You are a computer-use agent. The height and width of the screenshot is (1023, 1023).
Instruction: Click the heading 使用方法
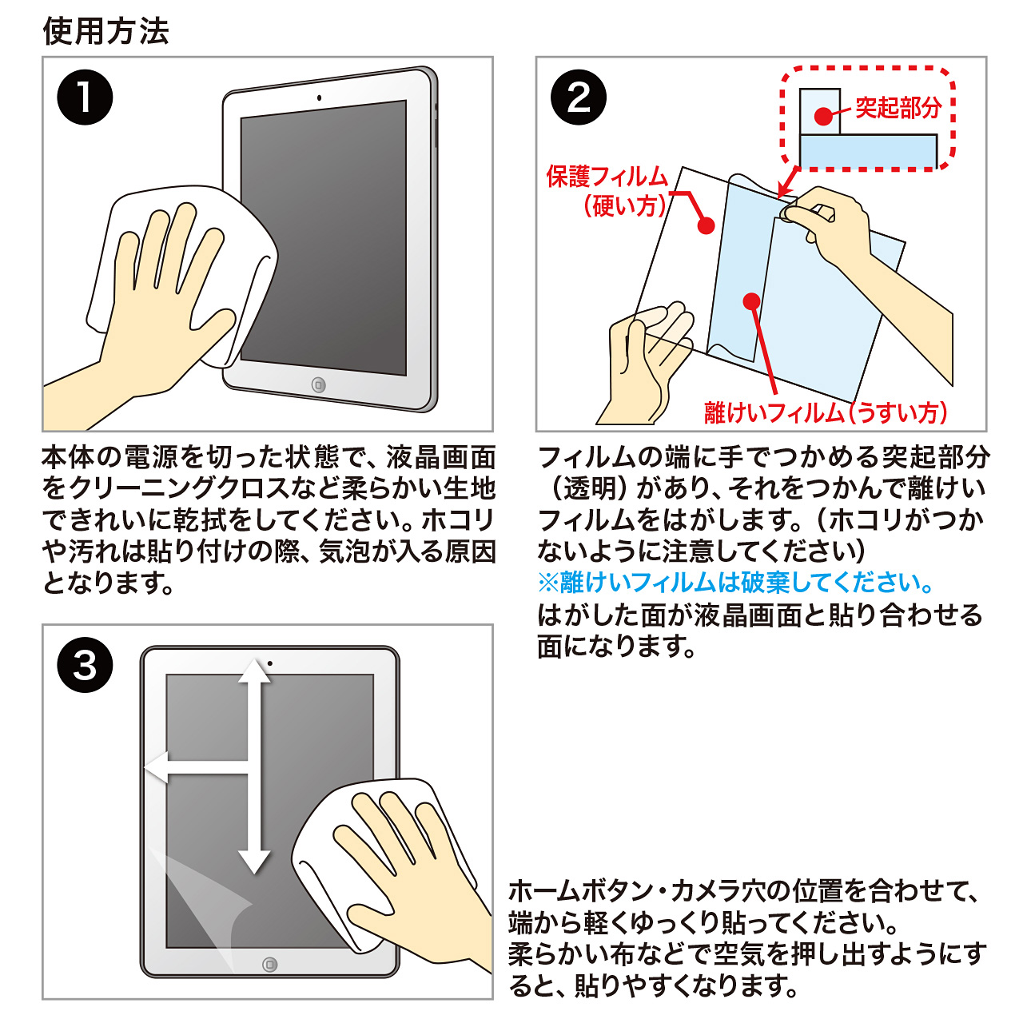(x=105, y=31)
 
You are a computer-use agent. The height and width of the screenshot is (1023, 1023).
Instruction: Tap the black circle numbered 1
(x=85, y=98)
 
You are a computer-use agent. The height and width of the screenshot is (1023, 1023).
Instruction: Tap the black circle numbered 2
(x=578, y=98)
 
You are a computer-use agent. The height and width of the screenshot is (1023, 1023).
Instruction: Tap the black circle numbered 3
(x=85, y=665)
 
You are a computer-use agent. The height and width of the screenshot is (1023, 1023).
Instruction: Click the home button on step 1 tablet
(x=319, y=385)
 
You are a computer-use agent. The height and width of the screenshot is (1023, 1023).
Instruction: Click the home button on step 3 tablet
(x=269, y=964)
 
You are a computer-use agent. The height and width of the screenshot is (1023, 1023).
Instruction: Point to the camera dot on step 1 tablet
(x=319, y=98)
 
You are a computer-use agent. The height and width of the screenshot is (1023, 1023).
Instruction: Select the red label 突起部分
(x=898, y=108)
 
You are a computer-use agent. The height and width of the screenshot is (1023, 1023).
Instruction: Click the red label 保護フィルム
(x=607, y=177)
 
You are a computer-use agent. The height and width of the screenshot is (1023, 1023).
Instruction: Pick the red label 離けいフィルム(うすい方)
(x=826, y=412)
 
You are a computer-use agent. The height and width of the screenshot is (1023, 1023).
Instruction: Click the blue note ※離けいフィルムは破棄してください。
(x=736, y=583)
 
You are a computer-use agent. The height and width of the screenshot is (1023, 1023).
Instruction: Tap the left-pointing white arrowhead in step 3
(x=156, y=766)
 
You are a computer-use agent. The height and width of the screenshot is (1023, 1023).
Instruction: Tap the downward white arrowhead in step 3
(x=254, y=862)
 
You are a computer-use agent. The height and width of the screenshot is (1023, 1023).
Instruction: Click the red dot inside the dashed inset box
(x=823, y=116)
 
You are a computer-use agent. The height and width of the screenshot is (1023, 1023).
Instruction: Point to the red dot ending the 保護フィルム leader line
(x=706, y=225)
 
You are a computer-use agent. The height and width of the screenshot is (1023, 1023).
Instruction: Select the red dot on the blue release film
(x=752, y=301)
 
